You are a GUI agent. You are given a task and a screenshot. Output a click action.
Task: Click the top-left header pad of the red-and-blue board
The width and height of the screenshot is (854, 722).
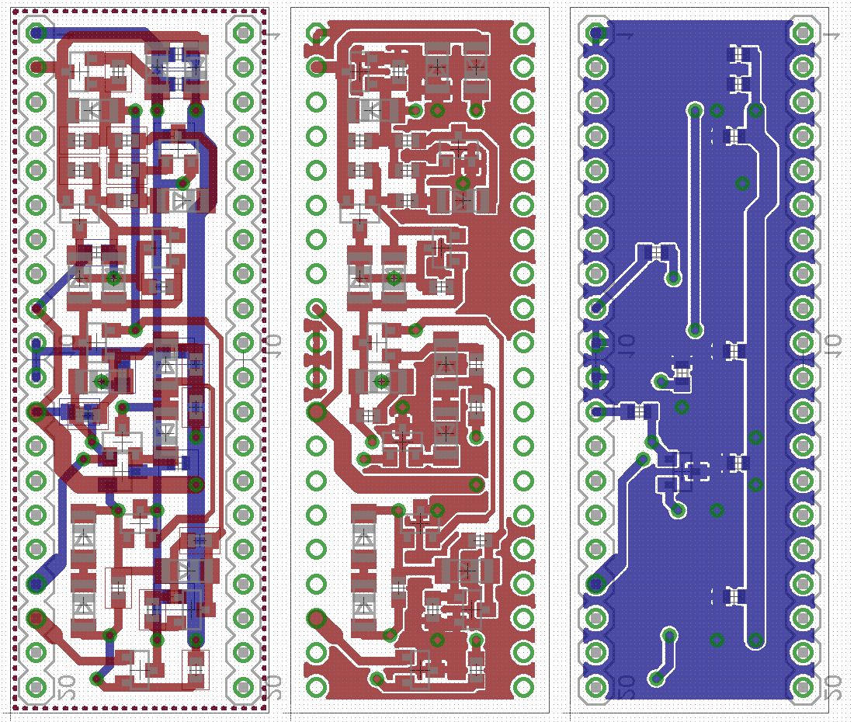tap(36, 33)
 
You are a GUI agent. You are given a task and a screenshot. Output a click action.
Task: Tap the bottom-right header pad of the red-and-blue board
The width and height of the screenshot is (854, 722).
tap(243, 686)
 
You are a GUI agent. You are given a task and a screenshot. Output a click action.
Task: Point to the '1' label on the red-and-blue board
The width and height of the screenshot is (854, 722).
tap(273, 36)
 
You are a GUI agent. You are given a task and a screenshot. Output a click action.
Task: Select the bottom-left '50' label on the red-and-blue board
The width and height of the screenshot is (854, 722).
tap(67, 686)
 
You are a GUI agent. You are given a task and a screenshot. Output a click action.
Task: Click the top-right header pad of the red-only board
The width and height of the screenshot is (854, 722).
tap(523, 33)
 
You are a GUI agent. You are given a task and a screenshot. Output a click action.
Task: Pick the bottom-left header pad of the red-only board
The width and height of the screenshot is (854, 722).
tap(317, 686)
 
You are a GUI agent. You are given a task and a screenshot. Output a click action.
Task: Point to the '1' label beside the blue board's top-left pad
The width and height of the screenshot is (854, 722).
tap(626, 36)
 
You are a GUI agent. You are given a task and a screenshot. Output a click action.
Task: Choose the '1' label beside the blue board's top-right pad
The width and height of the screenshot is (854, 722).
tap(831, 36)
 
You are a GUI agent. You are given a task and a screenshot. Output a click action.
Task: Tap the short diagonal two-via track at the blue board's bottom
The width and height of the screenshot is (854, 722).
tap(663, 658)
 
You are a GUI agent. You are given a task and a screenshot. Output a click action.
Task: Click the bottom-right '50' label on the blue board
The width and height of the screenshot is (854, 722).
tap(831, 686)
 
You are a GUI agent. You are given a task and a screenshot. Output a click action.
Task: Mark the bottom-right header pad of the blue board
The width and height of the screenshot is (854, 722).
tap(803, 686)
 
